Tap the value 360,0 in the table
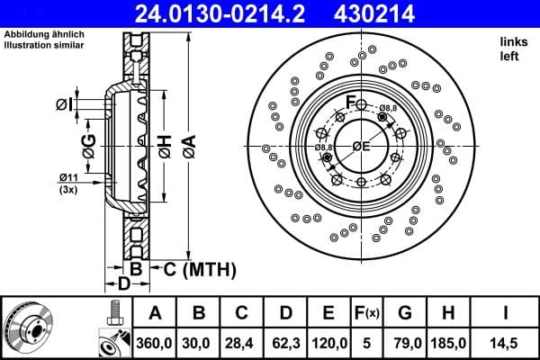point(155,343)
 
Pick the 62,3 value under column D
point(285,343)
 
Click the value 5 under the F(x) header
point(366,343)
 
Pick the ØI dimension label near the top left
point(64,105)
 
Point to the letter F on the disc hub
point(352,99)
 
